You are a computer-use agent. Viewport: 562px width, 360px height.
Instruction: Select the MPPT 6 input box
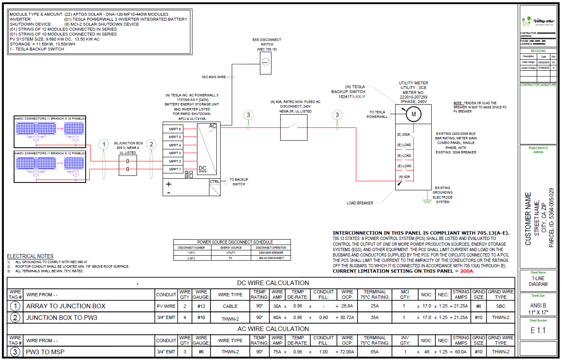tap(174, 129)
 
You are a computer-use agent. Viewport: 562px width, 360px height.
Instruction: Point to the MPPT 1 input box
tap(174, 169)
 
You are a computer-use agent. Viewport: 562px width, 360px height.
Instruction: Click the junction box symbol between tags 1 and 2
tap(127, 165)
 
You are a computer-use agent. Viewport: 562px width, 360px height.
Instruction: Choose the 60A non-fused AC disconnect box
tap(293, 128)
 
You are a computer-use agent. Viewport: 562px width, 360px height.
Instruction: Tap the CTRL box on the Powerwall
tap(214, 181)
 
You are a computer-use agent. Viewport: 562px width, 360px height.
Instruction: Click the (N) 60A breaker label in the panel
tap(404, 177)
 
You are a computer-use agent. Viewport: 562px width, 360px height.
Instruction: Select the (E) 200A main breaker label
tap(403, 134)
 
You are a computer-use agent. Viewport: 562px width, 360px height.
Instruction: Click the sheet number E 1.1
tap(538, 331)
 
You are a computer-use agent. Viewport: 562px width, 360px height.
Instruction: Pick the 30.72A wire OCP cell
tap(347, 318)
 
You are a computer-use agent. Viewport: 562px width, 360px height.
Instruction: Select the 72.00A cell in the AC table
tap(347, 352)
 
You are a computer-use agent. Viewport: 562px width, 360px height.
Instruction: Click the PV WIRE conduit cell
tap(166, 306)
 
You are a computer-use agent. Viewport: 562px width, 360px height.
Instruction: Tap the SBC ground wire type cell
tap(500, 306)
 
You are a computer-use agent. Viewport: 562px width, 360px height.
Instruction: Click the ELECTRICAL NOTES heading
tap(30, 256)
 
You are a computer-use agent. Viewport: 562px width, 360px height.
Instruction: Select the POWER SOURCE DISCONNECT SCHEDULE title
tap(232, 242)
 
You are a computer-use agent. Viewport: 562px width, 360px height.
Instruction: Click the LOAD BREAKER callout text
tap(360, 203)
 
